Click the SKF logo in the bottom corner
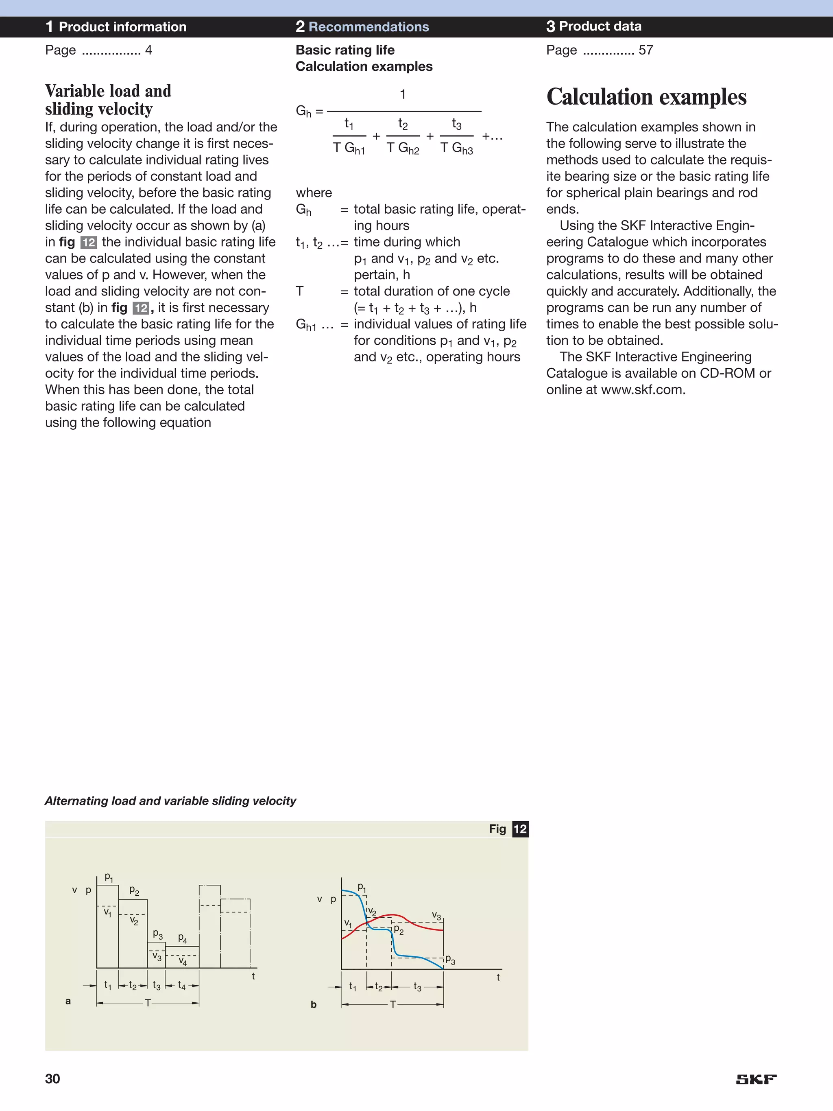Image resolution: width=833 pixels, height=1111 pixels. (756, 1079)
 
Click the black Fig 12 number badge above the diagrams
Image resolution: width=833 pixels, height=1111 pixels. (520, 829)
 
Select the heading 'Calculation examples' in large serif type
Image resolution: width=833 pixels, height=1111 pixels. (646, 97)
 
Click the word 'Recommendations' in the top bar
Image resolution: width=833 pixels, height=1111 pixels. (369, 26)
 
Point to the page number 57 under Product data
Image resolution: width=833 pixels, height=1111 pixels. (646, 50)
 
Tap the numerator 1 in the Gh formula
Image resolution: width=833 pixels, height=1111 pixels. (403, 94)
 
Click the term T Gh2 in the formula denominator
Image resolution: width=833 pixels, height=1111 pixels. (403, 148)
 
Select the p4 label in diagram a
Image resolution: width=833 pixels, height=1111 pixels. (183, 938)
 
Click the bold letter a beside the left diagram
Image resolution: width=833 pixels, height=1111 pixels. (68, 1001)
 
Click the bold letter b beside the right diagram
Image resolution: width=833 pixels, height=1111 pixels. (313, 1004)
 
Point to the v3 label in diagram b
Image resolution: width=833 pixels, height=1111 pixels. (436, 916)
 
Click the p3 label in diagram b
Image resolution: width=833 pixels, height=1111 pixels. (450, 960)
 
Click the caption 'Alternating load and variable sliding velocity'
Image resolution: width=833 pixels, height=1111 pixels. (170, 800)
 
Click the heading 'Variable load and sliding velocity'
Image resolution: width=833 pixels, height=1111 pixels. (108, 99)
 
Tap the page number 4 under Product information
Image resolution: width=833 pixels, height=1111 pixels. (148, 50)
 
